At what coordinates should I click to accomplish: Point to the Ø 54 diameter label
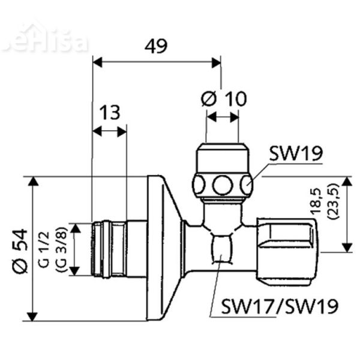[x=19, y=249]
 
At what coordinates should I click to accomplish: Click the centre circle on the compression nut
[x=222, y=184]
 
